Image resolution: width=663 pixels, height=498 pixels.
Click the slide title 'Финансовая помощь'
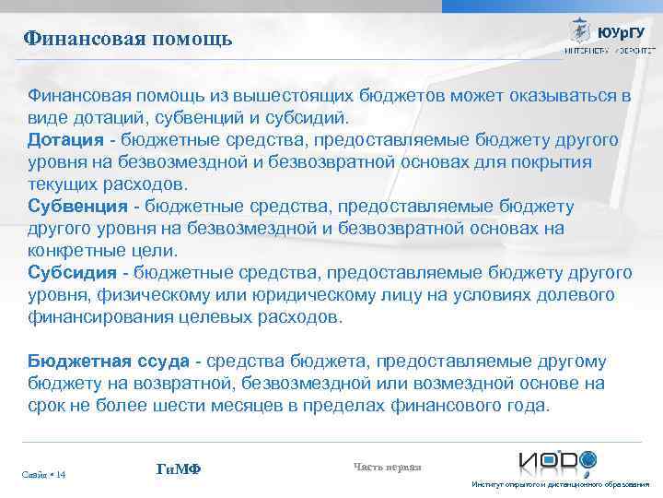tap(128, 39)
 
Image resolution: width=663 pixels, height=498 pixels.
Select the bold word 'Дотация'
tap(65, 139)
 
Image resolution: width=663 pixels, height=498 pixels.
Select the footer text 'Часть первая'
tap(387, 467)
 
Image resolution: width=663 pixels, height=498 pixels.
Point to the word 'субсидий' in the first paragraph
tap(311, 117)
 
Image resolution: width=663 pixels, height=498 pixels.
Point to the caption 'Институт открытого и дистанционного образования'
tap(560, 485)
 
